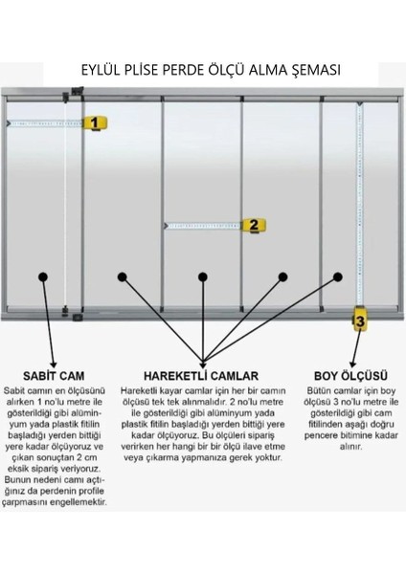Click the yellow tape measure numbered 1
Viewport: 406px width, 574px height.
coord(95,122)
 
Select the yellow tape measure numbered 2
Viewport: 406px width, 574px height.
coord(254,226)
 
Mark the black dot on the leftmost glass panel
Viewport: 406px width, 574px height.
coord(43,276)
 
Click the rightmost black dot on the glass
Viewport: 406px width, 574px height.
coord(338,276)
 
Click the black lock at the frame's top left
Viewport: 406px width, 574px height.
coord(70,93)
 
